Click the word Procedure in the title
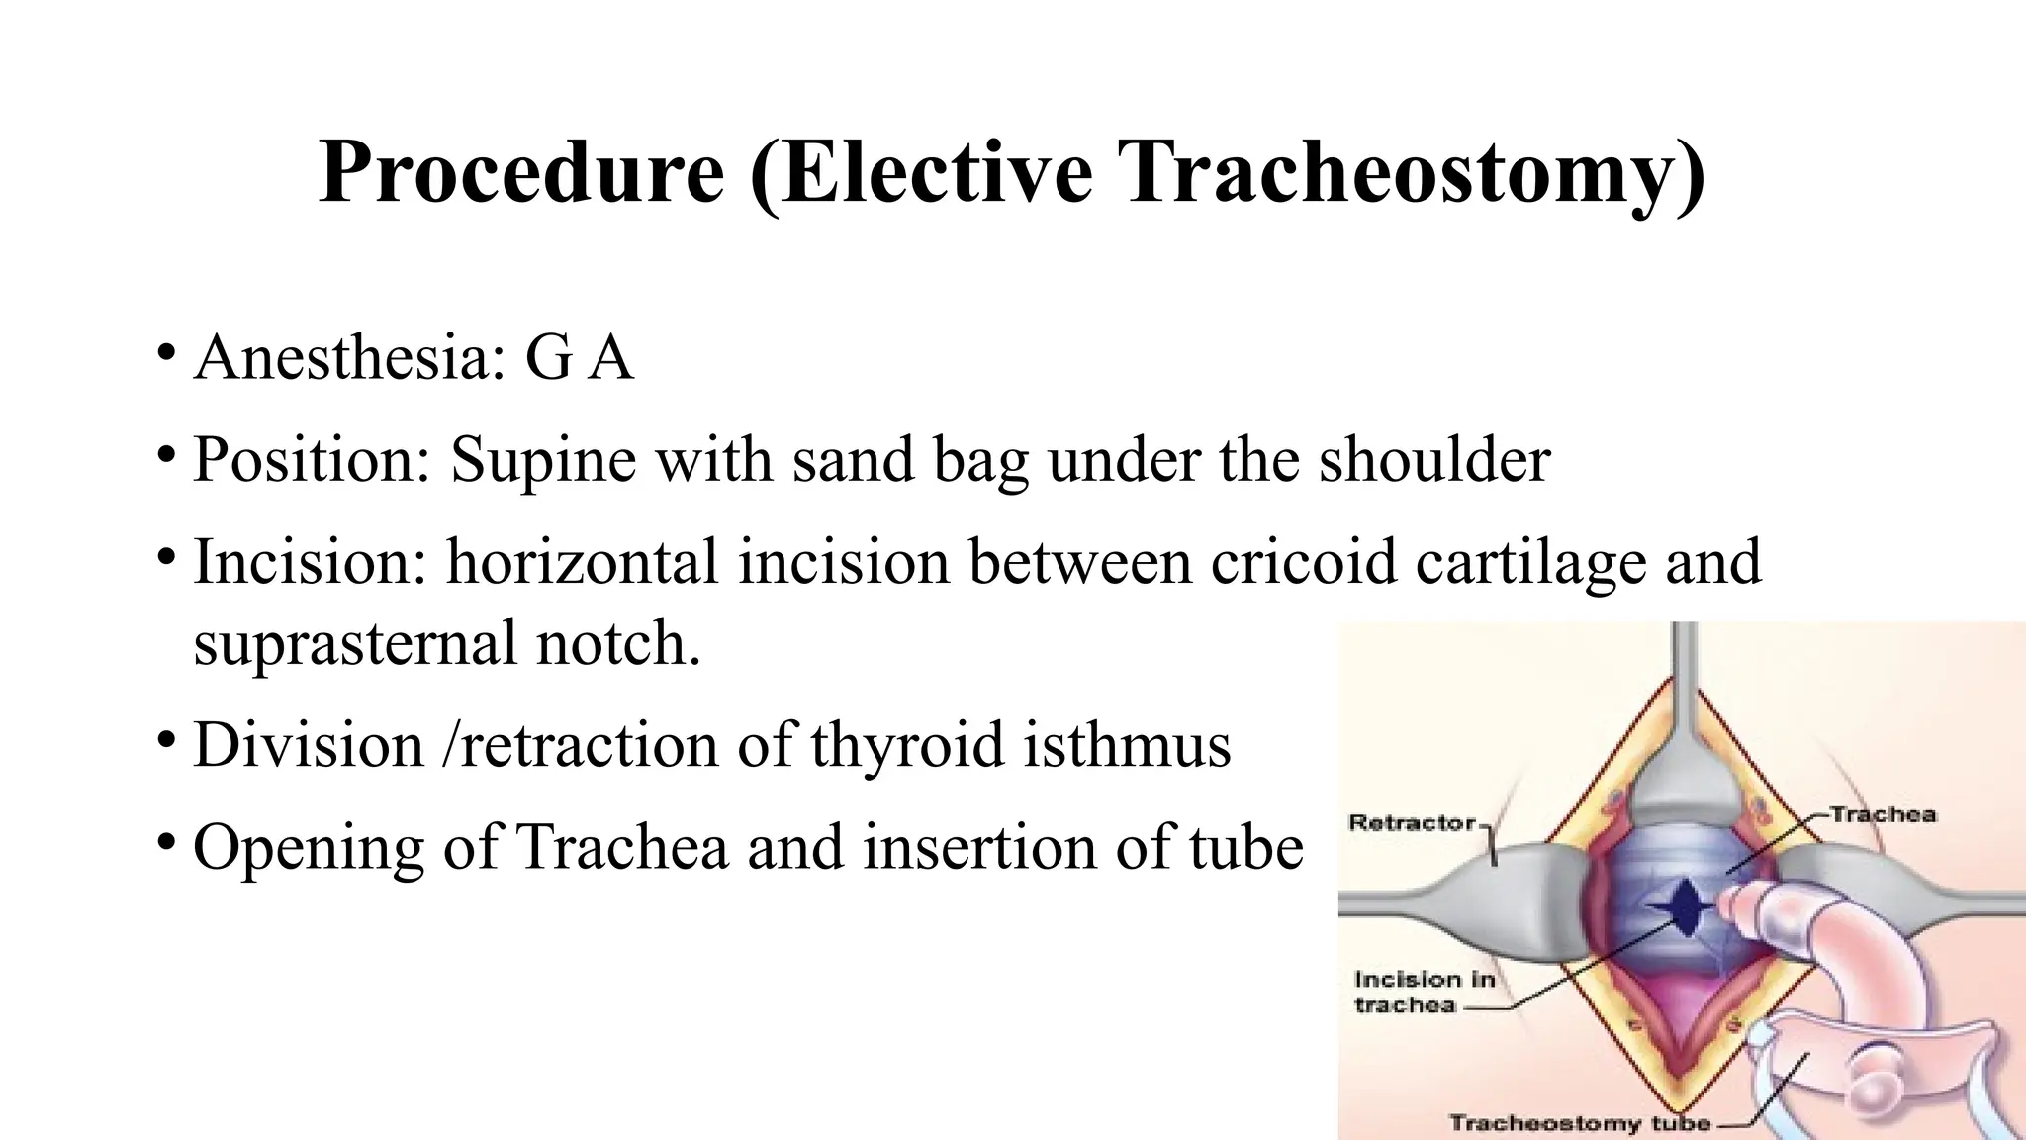[521, 174]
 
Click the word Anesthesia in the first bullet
[342, 357]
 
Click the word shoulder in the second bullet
[1434, 460]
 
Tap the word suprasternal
[356, 644]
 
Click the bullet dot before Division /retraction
[166, 739]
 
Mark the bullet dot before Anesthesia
[166, 351]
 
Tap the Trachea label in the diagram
[1882, 815]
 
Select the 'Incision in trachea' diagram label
[1424, 992]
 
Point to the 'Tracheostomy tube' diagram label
[1579, 1123]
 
